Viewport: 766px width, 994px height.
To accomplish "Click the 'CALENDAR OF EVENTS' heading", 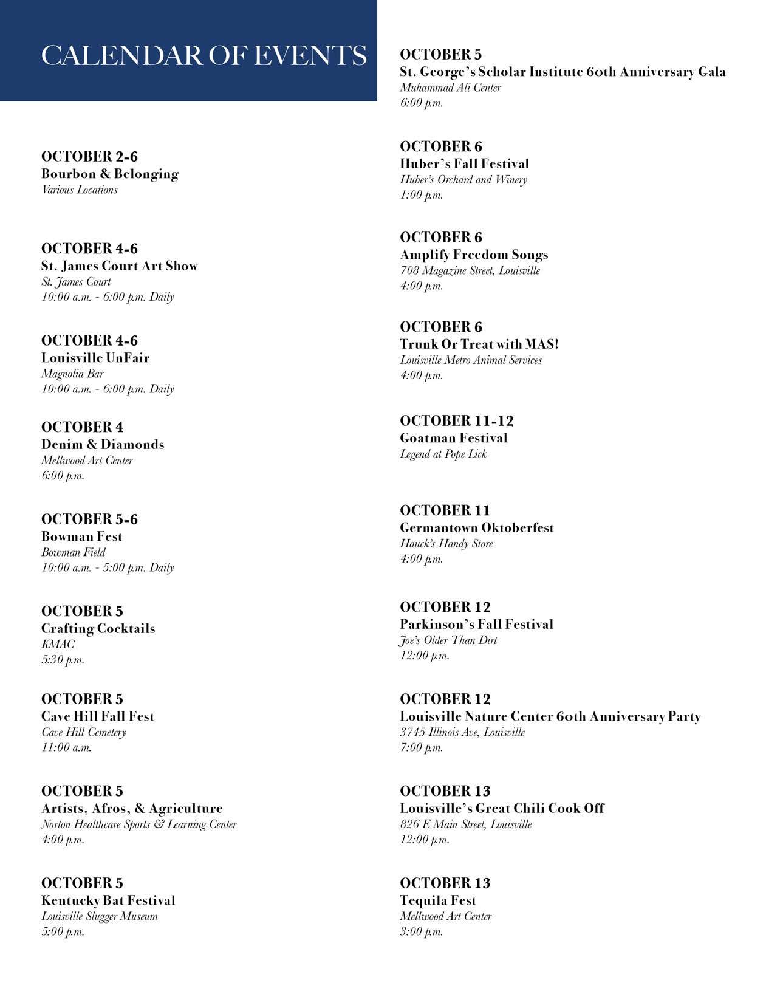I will (x=203, y=55).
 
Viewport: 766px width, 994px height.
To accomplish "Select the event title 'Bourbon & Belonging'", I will (x=110, y=174).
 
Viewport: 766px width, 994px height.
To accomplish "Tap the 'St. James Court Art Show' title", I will (x=119, y=266).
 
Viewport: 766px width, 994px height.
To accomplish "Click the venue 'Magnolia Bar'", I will (x=72, y=374).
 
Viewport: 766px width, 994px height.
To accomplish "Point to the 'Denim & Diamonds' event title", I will (x=103, y=444).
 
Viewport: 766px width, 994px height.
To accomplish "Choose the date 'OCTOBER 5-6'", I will (x=89, y=519).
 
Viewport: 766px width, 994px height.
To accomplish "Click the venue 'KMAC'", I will (x=58, y=644).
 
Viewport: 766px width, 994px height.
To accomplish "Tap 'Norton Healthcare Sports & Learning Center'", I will (x=138, y=824).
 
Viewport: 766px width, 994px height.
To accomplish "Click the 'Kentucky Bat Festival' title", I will (x=108, y=900).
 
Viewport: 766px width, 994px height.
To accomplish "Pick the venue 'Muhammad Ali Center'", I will (x=450, y=87).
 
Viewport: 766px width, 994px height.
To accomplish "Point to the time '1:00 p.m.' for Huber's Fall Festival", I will (x=421, y=195).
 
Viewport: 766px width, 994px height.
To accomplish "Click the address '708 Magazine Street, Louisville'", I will (x=470, y=270).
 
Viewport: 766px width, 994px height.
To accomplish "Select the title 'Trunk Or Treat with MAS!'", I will (x=479, y=344).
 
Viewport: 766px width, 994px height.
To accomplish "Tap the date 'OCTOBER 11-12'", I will (x=456, y=420).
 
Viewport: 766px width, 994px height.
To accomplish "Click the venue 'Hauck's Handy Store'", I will (x=446, y=543).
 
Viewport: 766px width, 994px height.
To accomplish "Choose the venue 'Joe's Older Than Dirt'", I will (x=448, y=640).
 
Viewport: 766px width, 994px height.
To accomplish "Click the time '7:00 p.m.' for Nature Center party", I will (x=421, y=747).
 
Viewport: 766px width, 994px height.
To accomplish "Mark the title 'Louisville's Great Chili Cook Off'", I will (x=502, y=808).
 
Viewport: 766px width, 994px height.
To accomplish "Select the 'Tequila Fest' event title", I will (x=437, y=900).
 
